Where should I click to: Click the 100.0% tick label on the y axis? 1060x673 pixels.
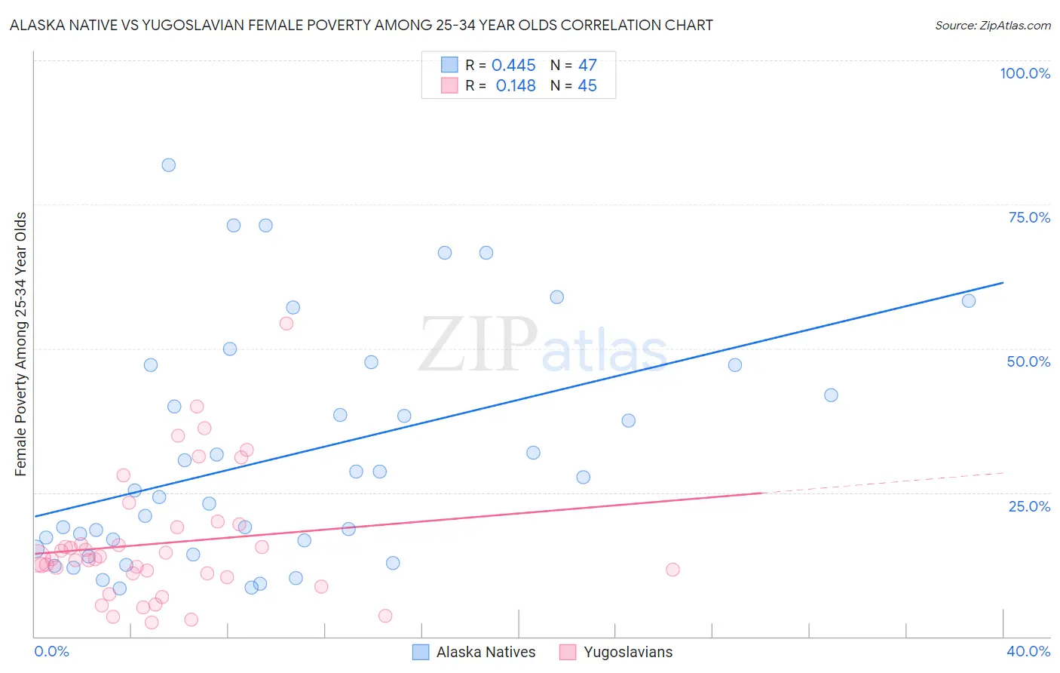(x=1025, y=73)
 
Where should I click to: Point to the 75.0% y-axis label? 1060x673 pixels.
(x=1029, y=217)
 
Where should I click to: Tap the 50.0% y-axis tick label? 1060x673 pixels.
(x=1028, y=361)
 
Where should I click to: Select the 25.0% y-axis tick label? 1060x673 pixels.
(x=1029, y=506)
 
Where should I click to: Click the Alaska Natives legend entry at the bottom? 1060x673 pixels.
(x=485, y=653)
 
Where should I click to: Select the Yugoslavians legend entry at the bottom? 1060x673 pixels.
(x=627, y=653)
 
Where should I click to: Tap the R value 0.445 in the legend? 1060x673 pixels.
(x=513, y=66)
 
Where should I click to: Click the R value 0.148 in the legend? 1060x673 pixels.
(x=516, y=86)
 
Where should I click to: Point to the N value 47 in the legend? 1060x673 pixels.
(x=587, y=66)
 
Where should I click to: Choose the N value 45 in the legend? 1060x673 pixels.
(x=587, y=86)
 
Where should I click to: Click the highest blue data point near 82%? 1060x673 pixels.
(x=169, y=165)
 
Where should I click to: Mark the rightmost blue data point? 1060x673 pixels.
(x=969, y=301)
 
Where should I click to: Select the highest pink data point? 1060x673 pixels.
(x=286, y=324)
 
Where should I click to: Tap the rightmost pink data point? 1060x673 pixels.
(x=672, y=570)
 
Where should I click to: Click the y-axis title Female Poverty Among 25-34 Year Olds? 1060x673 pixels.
(x=21, y=344)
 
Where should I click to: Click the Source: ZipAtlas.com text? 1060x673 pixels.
(x=992, y=26)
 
